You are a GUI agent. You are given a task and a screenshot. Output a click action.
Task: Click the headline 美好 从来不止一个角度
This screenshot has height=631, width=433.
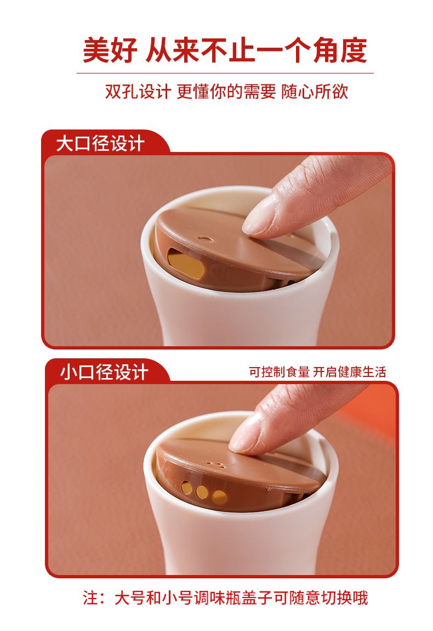(x=225, y=50)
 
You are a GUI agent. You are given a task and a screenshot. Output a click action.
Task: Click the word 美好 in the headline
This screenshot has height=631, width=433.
(x=110, y=50)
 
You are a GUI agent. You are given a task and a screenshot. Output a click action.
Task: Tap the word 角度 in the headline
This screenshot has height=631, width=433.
(x=340, y=50)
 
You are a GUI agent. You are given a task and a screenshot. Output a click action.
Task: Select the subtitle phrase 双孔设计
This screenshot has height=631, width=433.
(x=138, y=91)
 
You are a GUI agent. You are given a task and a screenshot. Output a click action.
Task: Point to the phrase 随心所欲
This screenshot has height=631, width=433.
(x=315, y=91)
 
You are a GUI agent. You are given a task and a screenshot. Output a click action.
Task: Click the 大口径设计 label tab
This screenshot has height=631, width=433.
(x=100, y=144)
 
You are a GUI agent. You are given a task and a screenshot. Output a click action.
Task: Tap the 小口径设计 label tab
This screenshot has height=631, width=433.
(x=104, y=372)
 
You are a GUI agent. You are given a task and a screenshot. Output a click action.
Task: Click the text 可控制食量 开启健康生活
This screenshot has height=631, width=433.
(x=317, y=372)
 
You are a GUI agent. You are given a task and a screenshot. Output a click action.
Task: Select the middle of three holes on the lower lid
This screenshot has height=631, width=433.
(x=202, y=492)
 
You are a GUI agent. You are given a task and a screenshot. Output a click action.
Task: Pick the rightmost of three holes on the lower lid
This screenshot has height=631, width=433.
(x=220, y=498)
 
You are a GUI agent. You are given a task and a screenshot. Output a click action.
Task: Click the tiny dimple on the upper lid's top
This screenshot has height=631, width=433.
(x=206, y=239)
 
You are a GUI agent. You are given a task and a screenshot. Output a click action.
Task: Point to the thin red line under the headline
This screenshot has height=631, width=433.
(x=225, y=73)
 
